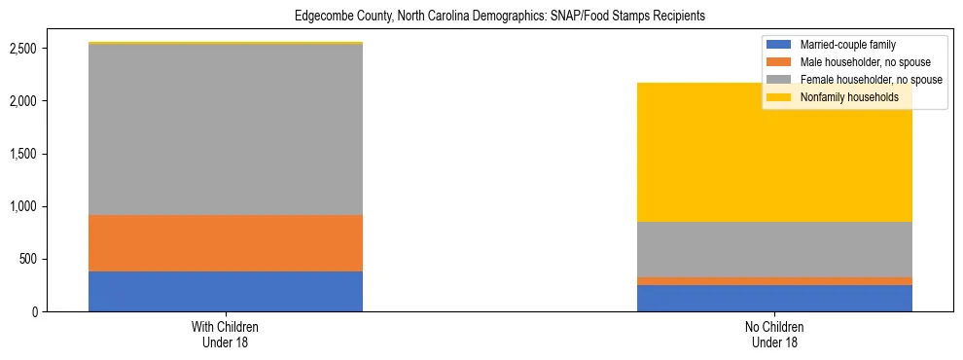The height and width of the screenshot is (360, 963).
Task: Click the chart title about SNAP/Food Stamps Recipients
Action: (499, 17)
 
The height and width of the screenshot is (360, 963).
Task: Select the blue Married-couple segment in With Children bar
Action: (226, 291)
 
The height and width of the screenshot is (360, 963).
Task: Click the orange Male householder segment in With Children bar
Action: (226, 243)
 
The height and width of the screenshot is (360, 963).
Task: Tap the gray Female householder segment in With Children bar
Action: (226, 129)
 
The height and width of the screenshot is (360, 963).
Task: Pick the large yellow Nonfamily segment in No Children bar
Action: (774, 152)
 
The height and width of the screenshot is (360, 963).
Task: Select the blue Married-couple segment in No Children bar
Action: (774, 298)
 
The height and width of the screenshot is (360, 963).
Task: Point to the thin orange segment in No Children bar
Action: (774, 281)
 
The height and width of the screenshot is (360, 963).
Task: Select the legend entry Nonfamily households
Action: (842, 97)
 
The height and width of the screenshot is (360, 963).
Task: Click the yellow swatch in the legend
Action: (779, 97)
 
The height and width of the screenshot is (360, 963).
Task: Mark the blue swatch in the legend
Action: (779, 45)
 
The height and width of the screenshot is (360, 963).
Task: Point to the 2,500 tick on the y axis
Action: (24, 49)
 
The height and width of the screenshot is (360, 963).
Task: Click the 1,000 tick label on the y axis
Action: (24, 206)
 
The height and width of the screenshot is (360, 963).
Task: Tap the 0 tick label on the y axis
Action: (35, 311)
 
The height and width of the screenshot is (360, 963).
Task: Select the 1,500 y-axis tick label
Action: (24, 154)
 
